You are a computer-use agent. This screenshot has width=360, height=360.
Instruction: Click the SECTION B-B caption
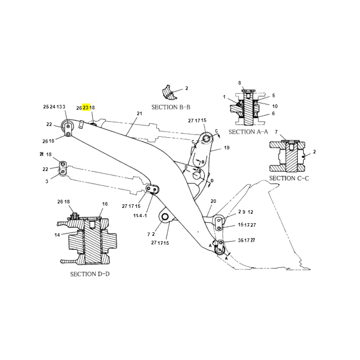pyautogui.click(x=171, y=107)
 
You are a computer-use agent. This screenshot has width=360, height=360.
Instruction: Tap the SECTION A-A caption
pyautogui.click(x=248, y=132)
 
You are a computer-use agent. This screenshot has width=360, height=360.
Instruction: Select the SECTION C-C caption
pyautogui.click(x=289, y=178)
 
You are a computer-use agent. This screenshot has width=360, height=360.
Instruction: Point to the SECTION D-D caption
pyautogui.click(x=90, y=274)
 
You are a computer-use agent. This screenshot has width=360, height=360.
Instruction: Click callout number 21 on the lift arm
pyautogui.click(x=139, y=113)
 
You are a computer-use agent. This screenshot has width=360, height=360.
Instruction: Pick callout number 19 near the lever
pyautogui.click(x=226, y=148)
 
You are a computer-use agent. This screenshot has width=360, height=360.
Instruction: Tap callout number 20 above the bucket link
pyautogui.click(x=213, y=201)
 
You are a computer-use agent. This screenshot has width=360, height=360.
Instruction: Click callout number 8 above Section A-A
pyautogui.click(x=239, y=83)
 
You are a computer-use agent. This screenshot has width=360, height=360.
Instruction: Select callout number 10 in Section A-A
pyautogui.click(x=274, y=106)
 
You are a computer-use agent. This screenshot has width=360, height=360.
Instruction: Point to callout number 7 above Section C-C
pyautogui.click(x=276, y=132)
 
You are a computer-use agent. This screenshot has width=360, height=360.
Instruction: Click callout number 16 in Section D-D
pyautogui.click(x=105, y=204)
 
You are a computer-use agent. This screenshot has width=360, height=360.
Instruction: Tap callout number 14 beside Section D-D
pyautogui.click(x=57, y=235)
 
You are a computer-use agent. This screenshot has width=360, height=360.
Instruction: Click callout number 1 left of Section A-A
pyautogui.click(x=224, y=97)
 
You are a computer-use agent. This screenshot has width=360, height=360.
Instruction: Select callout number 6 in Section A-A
pyautogui.click(x=273, y=113)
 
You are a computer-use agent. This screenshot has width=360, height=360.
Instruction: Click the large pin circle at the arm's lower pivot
pyautogui.click(x=165, y=218)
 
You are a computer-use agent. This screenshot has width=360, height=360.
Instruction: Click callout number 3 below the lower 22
pyautogui.click(x=46, y=181)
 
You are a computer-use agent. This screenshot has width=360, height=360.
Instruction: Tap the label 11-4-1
pyautogui.click(x=140, y=216)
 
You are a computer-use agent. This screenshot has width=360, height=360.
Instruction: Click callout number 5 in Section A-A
pyautogui.click(x=273, y=95)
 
